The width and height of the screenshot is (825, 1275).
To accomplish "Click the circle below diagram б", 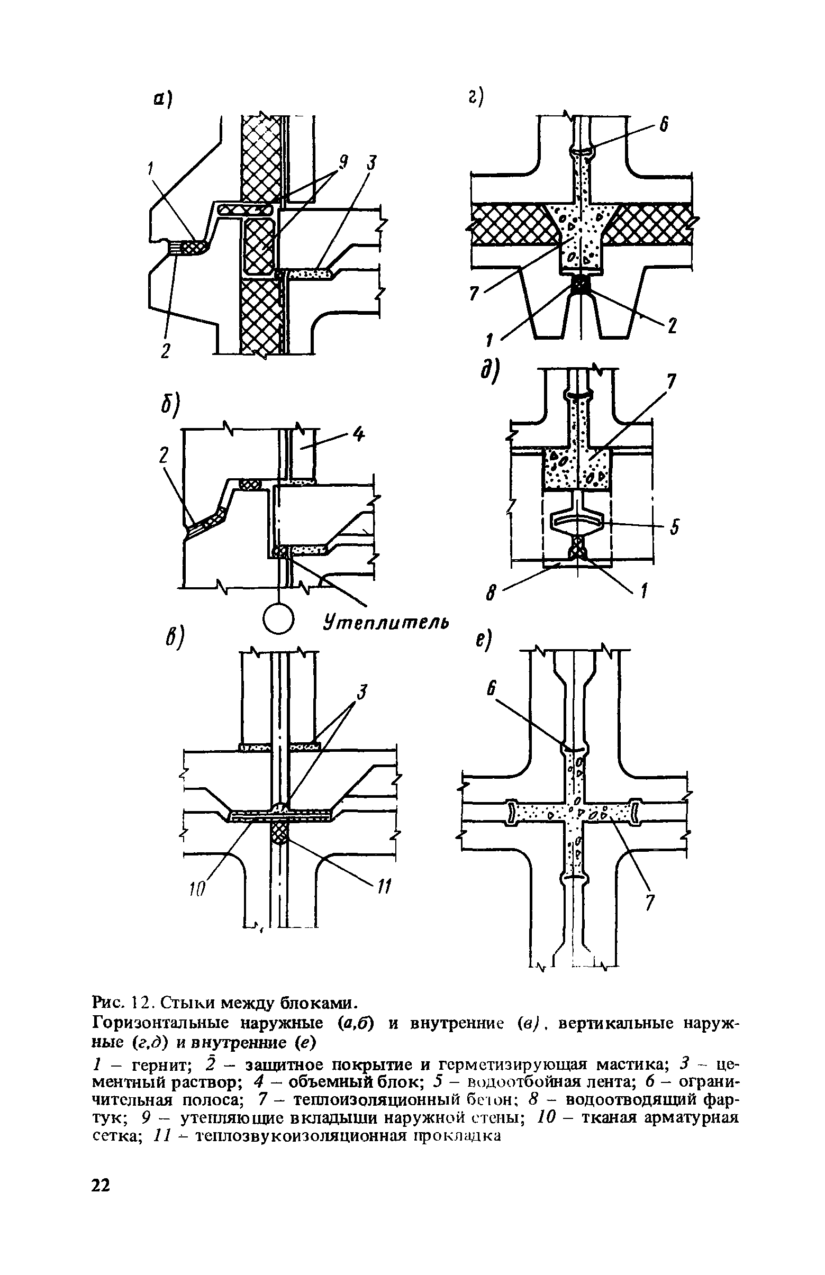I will pyautogui.click(x=279, y=620).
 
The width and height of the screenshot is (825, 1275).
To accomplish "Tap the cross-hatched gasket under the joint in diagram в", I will pyautogui.click(x=279, y=833).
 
